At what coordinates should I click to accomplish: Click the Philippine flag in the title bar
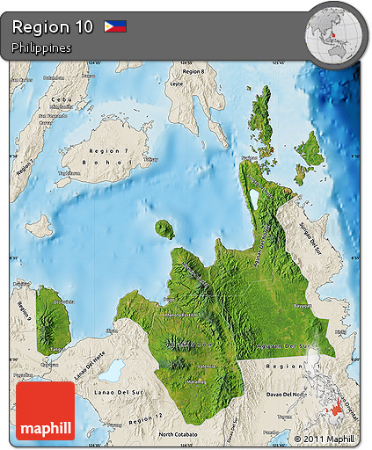tap(115, 26)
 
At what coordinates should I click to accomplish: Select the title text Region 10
tap(52, 27)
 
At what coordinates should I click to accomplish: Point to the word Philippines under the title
tap(41, 48)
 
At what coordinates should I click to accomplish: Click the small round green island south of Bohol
tap(164, 229)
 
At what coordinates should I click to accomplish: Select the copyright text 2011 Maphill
tap(325, 438)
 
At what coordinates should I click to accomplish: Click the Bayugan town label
tap(302, 306)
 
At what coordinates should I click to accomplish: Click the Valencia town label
tap(207, 366)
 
